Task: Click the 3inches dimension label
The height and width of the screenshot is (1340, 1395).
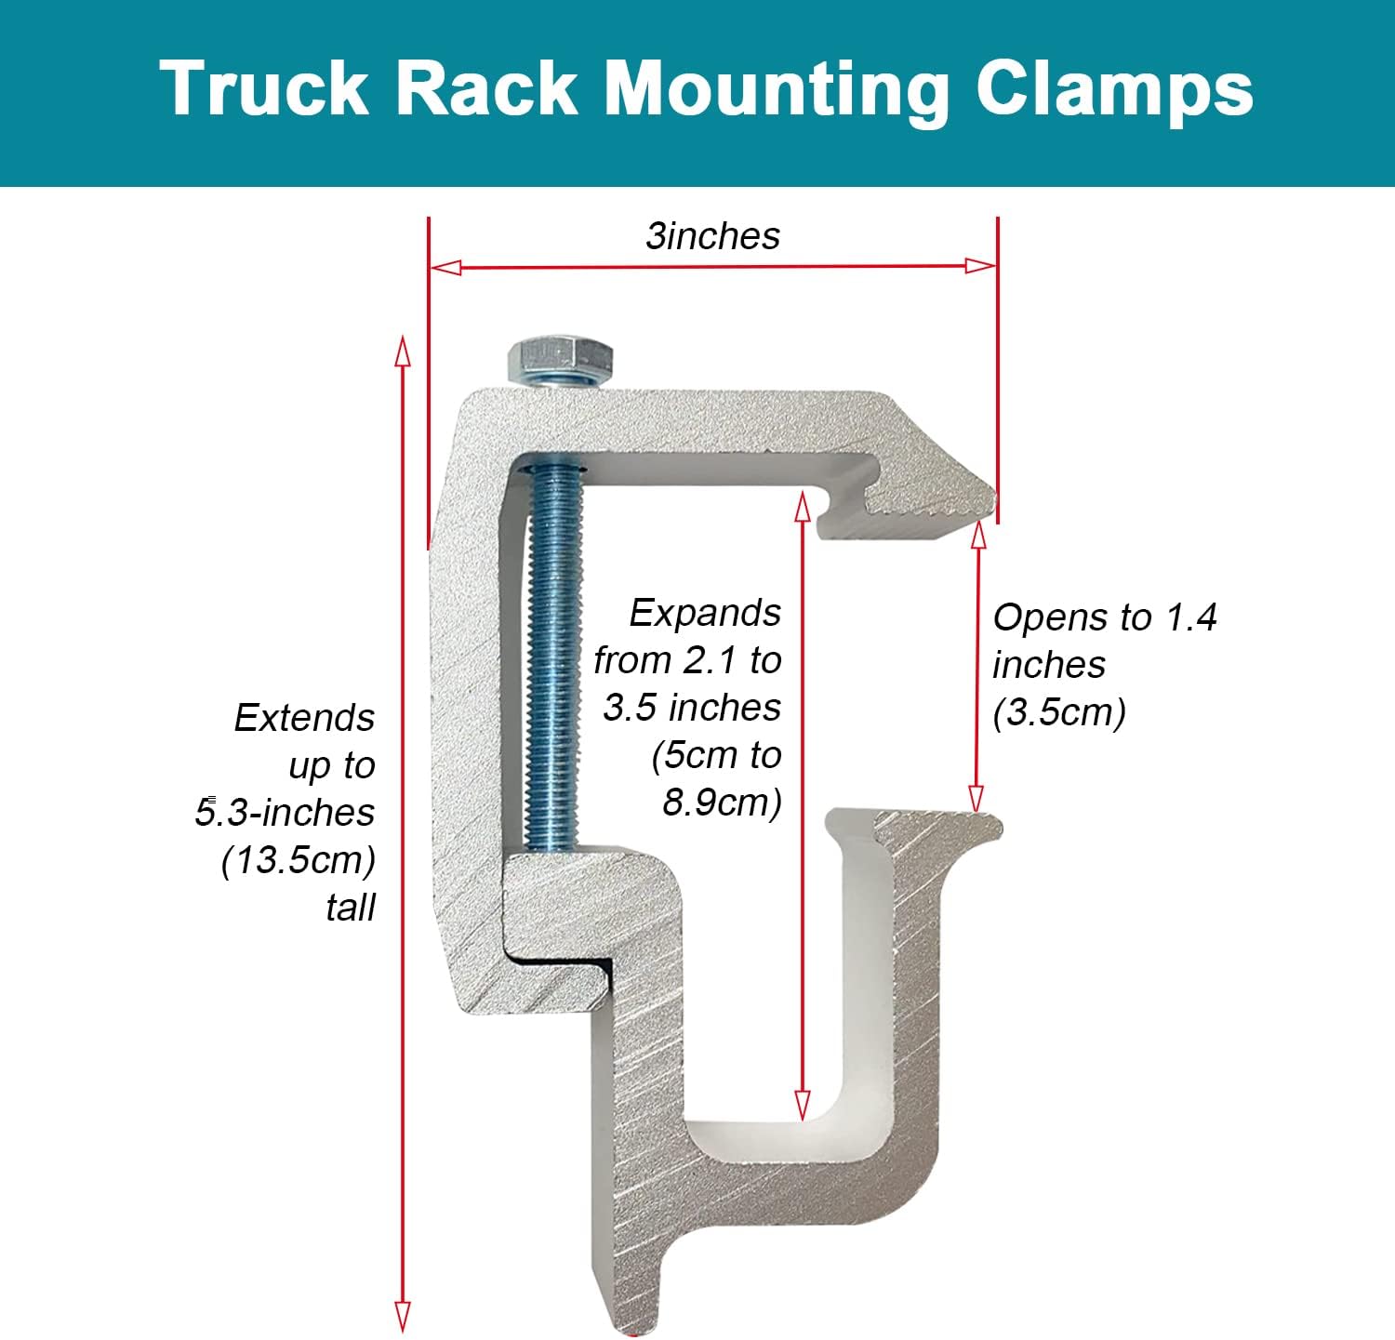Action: pos(713,236)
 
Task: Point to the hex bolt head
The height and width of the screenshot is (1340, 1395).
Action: pos(560,358)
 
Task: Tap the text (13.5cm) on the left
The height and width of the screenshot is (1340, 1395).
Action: pos(299,860)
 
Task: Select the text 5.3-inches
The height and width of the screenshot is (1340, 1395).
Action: pos(285,813)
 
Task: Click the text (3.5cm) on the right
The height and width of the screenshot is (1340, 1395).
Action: pos(1059,713)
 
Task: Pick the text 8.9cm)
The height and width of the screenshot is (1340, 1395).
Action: pos(722,803)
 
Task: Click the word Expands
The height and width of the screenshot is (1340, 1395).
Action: pos(705,614)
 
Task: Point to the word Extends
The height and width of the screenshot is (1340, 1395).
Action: pos(304,719)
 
